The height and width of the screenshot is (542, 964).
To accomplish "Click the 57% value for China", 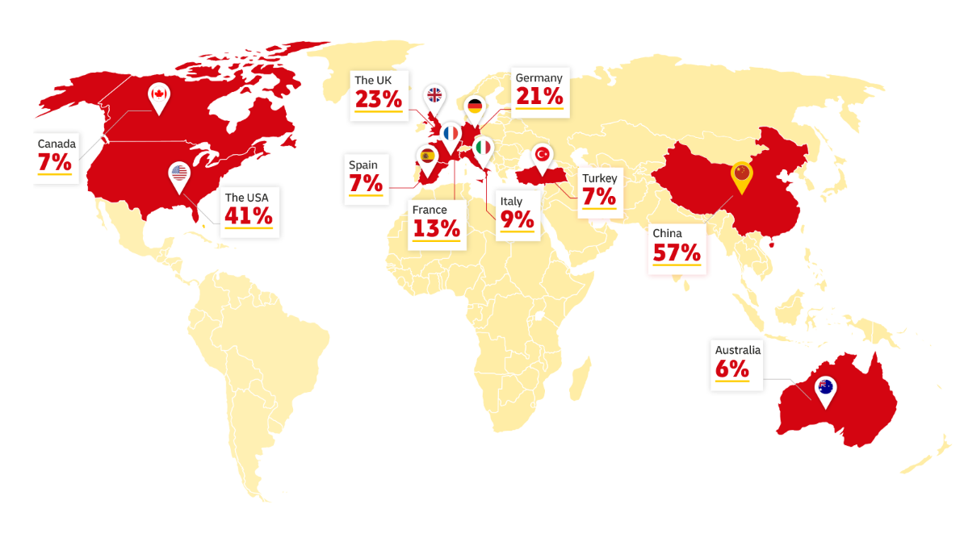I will [677, 253].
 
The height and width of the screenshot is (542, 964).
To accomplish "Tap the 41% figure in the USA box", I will [249, 215].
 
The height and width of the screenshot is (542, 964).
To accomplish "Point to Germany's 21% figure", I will [539, 96].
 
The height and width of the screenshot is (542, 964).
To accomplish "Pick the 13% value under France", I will [436, 228].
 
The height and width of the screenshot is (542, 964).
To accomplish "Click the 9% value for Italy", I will [517, 219].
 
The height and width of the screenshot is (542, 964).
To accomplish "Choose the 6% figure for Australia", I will [732, 369].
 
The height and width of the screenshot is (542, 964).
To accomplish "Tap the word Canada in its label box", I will [57, 144].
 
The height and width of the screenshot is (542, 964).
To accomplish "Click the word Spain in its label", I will [363, 165].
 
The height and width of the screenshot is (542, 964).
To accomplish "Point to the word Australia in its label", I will [737, 350].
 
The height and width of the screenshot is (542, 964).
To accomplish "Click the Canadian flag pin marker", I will [159, 96].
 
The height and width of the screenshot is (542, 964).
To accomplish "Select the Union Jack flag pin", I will [434, 96].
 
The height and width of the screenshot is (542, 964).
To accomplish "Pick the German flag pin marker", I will [475, 106].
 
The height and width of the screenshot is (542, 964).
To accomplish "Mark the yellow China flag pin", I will [740, 173].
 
